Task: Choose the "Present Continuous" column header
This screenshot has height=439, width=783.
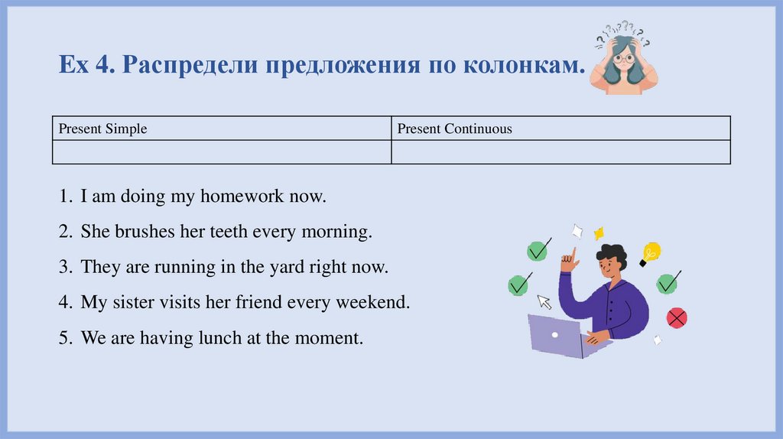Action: [454, 128]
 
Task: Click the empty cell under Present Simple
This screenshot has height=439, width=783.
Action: [222, 152]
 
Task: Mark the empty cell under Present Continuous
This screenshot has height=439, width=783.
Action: [560, 152]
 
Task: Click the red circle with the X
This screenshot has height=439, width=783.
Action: [677, 317]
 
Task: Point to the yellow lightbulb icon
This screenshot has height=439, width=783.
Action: [650, 253]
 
